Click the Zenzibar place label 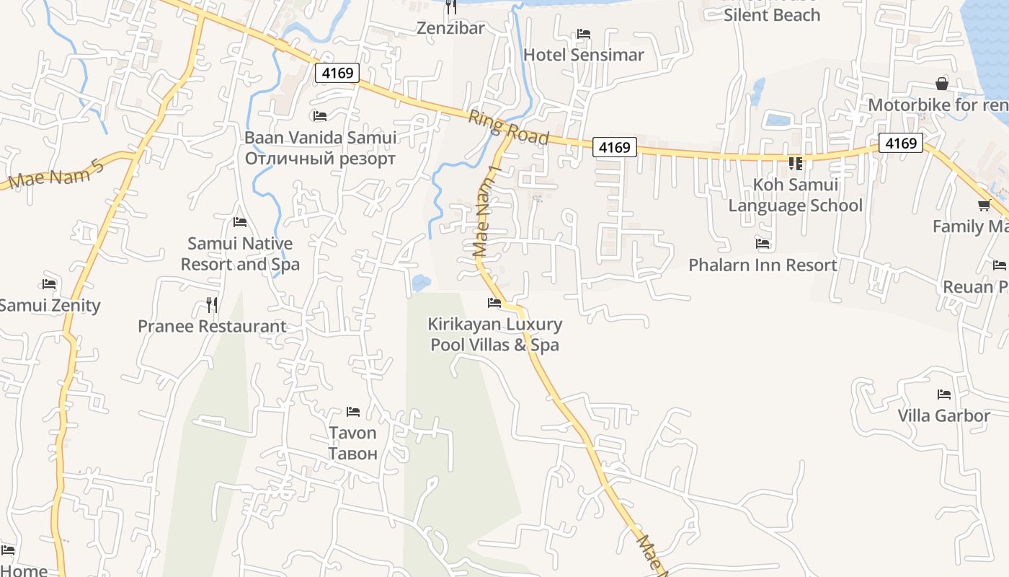click(x=451, y=28)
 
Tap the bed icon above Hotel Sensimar click(x=584, y=34)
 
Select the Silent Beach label click(x=772, y=14)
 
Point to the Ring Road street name click(x=509, y=128)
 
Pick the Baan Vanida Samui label click(x=320, y=137)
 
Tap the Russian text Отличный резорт click(x=320, y=159)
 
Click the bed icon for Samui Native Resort click(x=240, y=222)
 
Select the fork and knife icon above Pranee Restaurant click(x=212, y=305)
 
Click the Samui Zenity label click(x=49, y=305)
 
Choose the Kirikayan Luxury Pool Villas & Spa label click(x=494, y=334)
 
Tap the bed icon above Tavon click(x=353, y=412)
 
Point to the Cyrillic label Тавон click(x=353, y=454)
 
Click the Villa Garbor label click(x=943, y=415)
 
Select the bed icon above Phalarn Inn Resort click(x=763, y=244)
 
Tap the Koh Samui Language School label click(x=795, y=195)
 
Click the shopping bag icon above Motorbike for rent click(x=942, y=83)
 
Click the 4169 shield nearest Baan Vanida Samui click(x=337, y=73)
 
